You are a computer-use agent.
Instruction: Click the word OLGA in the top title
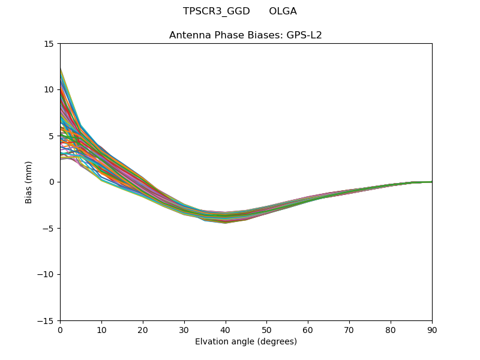283,11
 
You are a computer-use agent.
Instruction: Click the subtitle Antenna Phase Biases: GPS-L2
245,35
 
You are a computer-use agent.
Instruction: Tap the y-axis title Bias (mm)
29,182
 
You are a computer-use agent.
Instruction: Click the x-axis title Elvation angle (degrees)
245,341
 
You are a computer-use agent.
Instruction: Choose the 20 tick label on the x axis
143,329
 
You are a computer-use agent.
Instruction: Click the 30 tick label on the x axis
184,329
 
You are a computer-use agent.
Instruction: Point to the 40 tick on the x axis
226,329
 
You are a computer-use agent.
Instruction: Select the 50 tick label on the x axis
266,329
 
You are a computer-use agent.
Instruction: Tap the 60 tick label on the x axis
308,329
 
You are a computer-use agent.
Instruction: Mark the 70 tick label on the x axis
349,329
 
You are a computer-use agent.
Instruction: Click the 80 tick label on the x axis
391,329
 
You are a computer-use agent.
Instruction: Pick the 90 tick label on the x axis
431,329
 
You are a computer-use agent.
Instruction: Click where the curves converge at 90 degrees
431,182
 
